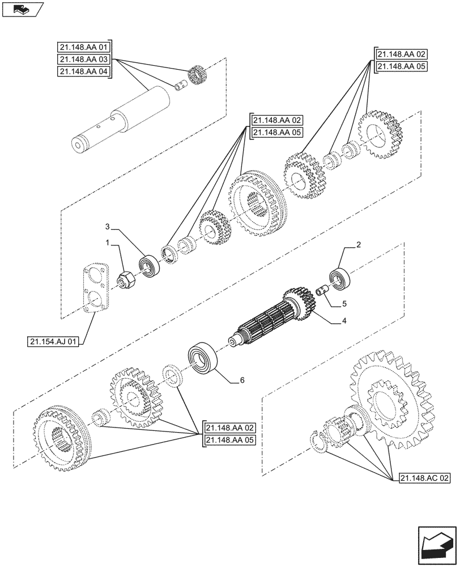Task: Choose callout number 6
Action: [x=242, y=380]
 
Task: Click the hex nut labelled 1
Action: [x=125, y=279]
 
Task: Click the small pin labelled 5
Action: [x=324, y=291]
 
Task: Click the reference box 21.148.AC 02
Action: [x=424, y=478]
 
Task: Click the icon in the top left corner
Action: [x=23, y=9]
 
